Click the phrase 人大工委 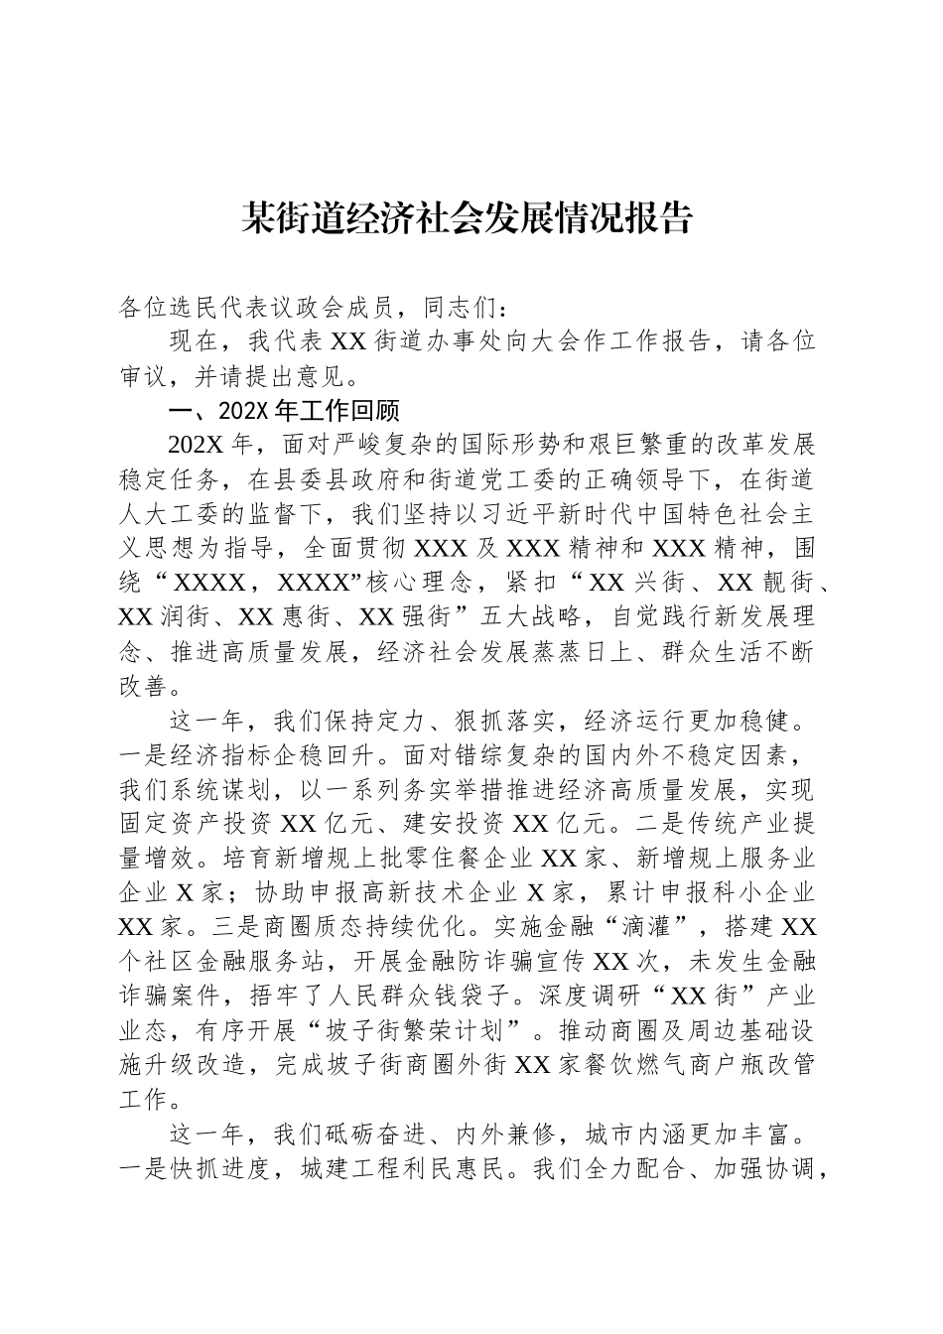(170, 515)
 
